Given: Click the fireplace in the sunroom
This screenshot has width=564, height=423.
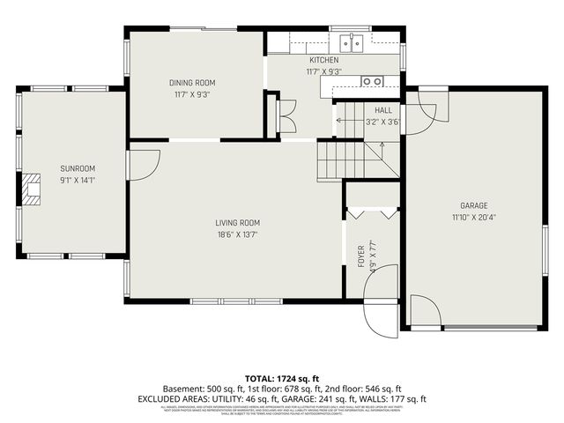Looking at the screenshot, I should pos(33,189).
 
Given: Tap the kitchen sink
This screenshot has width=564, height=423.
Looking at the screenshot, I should pos(352,44).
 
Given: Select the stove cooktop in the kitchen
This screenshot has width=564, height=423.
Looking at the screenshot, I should pos(372,81).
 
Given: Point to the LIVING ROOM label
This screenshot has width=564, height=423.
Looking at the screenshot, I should pos(238,223).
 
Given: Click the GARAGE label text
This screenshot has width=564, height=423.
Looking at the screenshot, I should pos(473,205).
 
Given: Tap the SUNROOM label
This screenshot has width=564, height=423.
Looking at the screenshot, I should pos(78,168).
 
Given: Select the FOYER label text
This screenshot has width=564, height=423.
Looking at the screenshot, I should pos(360,256).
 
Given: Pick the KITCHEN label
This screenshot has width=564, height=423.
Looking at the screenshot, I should pos(323,60).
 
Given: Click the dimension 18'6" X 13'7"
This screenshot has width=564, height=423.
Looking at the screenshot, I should pos(238,234).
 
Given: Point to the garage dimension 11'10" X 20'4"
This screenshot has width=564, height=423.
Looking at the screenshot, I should pos(473,217).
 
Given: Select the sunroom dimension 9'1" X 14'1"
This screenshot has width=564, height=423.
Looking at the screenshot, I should pos(78,180).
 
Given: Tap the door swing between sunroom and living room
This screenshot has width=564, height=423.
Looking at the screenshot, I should pos(143,165).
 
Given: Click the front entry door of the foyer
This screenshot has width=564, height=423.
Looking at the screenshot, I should pos(382,317).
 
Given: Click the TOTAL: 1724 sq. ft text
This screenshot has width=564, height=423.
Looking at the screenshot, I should pos(281,376).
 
